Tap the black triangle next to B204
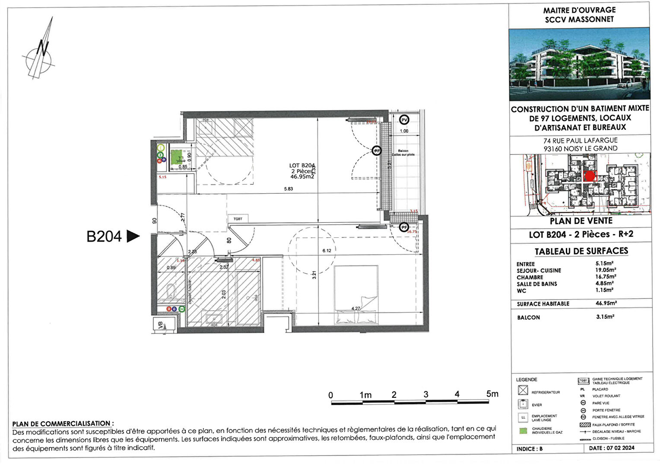pyautogui.click(x=133, y=236)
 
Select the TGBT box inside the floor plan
pyautogui.click(x=238, y=219)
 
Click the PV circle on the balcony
pyautogui.click(x=404, y=120)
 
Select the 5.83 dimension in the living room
pyautogui.click(x=288, y=189)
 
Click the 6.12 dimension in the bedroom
pyautogui.click(x=327, y=251)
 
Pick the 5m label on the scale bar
pyautogui.click(x=492, y=394)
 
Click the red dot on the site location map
pyautogui.click(x=590, y=176)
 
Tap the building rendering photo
pyautogui.click(x=579, y=64)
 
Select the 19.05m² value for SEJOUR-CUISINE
pyautogui.click(x=606, y=270)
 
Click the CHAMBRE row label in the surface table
pyautogui.click(x=530, y=277)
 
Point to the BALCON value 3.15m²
pyautogui.click(x=605, y=317)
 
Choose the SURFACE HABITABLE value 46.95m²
pyautogui.click(x=606, y=303)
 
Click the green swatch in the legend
pyautogui.click(x=523, y=431)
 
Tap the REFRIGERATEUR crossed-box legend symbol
pyautogui.click(x=523, y=390)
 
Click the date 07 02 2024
pyautogui.click(x=620, y=448)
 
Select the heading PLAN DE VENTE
pyautogui.click(x=581, y=221)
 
